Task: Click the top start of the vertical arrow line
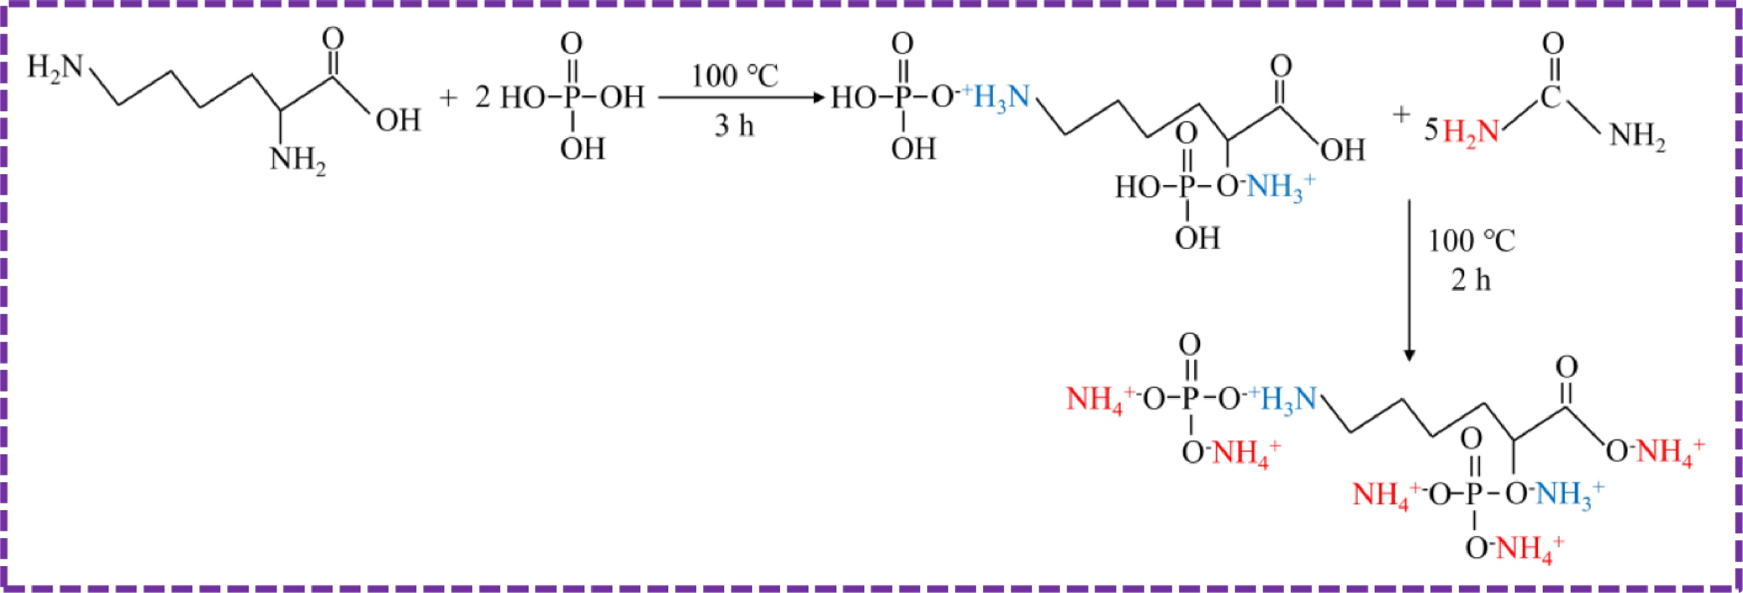[x=1409, y=200]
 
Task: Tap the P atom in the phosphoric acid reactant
[x=572, y=99]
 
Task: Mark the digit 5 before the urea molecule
[x=1431, y=129]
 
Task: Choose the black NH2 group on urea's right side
[x=1638, y=137]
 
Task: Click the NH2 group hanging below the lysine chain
[x=298, y=161]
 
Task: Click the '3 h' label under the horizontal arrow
[x=734, y=126]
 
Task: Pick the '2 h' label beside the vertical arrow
[x=1471, y=280]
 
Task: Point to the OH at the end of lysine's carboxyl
[x=398, y=120]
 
